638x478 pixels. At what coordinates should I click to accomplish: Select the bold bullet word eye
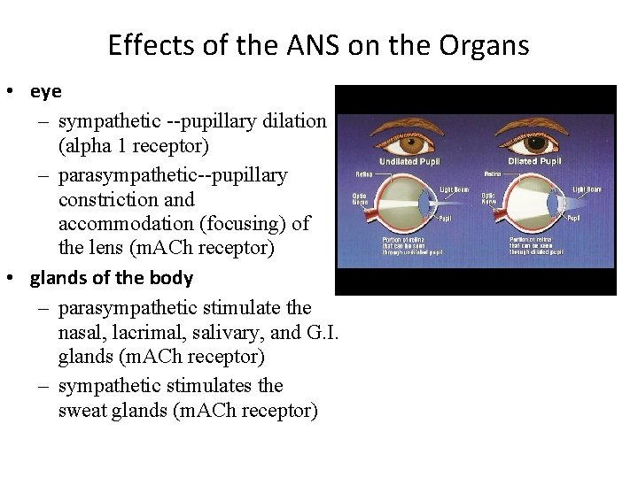pyautogui.click(x=45, y=91)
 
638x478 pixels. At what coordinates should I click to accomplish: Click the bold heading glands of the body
pyautogui.click(x=111, y=277)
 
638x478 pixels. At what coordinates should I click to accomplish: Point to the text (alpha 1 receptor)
pyautogui.click(x=133, y=143)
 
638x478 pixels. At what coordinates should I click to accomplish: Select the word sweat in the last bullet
pyautogui.click(x=81, y=411)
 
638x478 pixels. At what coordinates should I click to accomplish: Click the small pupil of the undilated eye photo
pyautogui.click(x=408, y=139)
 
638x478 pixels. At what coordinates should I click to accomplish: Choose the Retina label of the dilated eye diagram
pyautogui.click(x=494, y=173)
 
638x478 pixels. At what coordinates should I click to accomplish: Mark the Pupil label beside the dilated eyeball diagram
pyautogui.click(x=573, y=217)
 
